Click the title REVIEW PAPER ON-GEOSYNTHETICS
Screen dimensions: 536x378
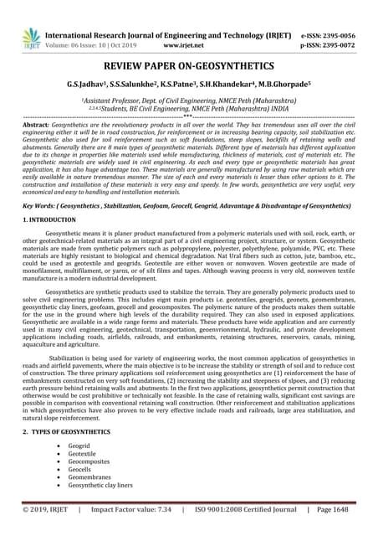(x=188, y=66)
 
